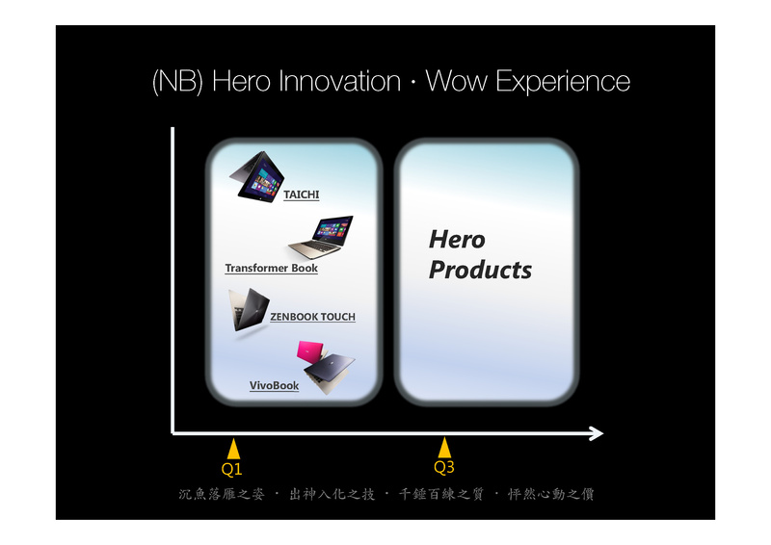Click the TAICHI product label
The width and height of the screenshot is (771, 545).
(x=302, y=195)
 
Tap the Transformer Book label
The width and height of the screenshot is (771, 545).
(x=272, y=268)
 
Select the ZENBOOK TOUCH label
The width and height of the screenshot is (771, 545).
(x=312, y=317)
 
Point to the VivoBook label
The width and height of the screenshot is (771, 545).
(x=274, y=385)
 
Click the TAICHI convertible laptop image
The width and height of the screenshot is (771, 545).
(x=256, y=176)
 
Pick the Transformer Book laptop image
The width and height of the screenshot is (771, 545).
(x=321, y=237)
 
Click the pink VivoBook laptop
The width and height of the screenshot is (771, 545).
(x=310, y=350)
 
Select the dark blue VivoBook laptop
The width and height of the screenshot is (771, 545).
(x=329, y=371)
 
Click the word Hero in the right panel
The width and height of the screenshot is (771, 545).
(x=457, y=240)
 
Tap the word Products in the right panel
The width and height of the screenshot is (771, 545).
(x=480, y=270)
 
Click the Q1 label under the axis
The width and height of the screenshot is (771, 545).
(x=232, y=469)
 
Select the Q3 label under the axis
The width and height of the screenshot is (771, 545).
(x=444, y=466)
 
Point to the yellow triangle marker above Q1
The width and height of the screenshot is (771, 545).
(x=233, y=449)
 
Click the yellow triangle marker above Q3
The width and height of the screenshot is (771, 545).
(x=444, y=448)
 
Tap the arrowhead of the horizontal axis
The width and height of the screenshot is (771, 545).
(x=597, y=433)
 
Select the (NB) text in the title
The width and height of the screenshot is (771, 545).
(x=177, y=82)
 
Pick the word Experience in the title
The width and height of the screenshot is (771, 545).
(x=563, y=82)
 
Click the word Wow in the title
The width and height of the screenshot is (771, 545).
(x=456, y=81)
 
